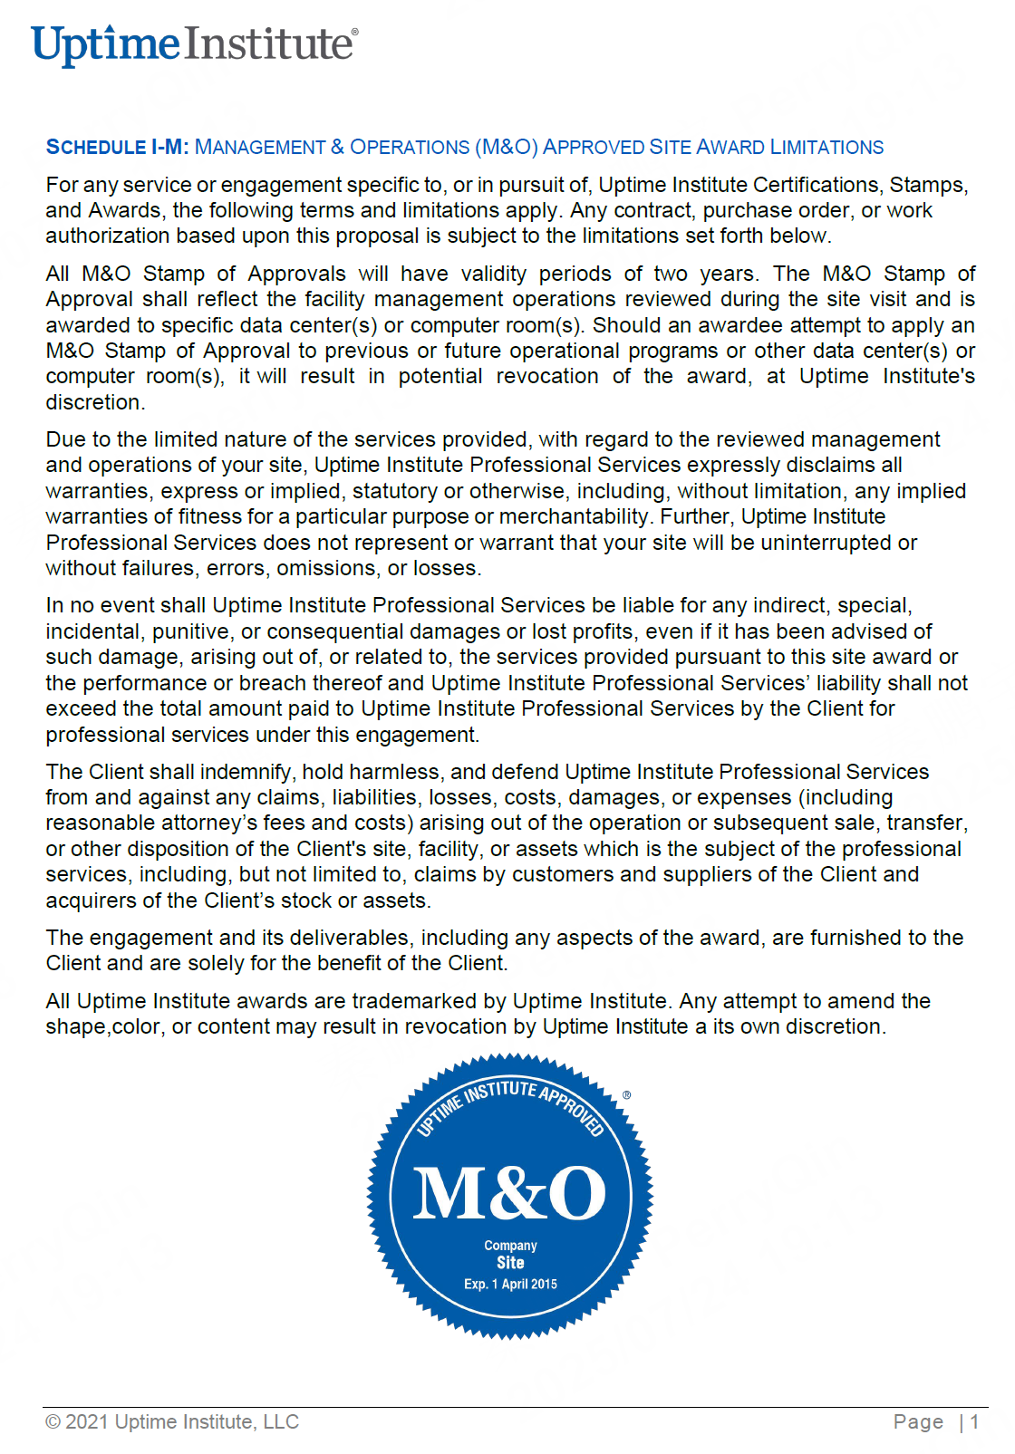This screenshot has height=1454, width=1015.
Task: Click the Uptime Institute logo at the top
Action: [194, 44]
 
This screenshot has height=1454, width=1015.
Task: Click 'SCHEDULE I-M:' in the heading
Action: [117, 147]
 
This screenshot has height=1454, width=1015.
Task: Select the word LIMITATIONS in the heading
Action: [826, 147]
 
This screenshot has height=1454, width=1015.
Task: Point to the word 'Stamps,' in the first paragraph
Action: [928, 185]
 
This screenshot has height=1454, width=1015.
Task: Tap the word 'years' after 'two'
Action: [727, 274]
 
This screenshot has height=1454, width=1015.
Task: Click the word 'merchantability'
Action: [575, 516]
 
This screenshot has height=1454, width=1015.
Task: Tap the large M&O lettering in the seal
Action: [509, 1192]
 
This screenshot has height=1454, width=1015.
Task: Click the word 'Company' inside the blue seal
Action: [510, 1246]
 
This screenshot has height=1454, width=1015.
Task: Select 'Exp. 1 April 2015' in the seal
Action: [510, 1284]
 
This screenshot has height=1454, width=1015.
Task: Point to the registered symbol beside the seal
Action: [626, 1095]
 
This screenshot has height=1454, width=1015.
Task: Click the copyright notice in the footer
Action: [172, 1422]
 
